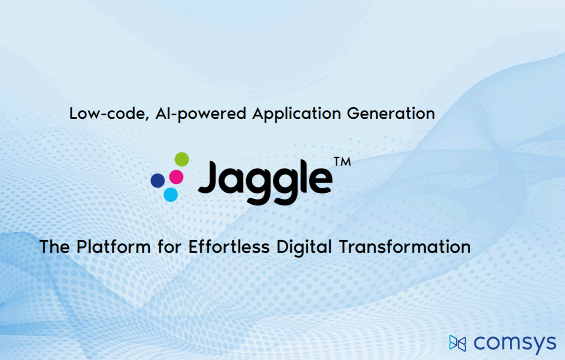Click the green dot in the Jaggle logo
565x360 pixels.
[182, 159]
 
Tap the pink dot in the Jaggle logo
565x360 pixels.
[176, 177]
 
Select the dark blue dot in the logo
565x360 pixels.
[158, 180]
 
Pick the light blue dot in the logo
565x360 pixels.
[171, 194]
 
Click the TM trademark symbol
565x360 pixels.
[342, 162]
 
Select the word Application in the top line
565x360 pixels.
[296, 114]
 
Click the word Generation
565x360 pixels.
[391, 113]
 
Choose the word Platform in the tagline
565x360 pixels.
[113, 247]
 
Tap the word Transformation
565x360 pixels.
[405, 247]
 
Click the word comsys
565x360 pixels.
[515, 343]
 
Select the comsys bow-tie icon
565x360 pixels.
[457, 343]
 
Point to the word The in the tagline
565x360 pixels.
[54, 247]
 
